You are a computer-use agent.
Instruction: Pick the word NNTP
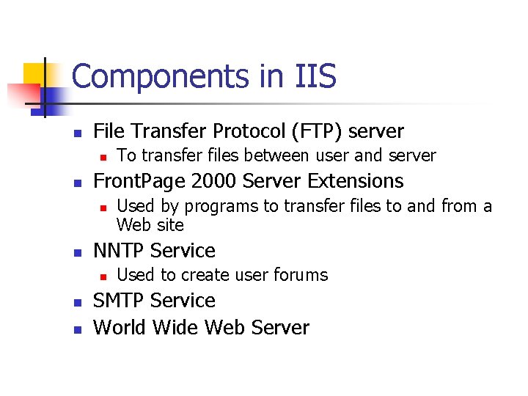point(118,251)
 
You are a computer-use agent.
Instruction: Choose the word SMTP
point(118,301)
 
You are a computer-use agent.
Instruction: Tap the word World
point(120,327)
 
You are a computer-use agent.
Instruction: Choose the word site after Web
point(170,224)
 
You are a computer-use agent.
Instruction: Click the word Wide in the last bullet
point(175,327)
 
